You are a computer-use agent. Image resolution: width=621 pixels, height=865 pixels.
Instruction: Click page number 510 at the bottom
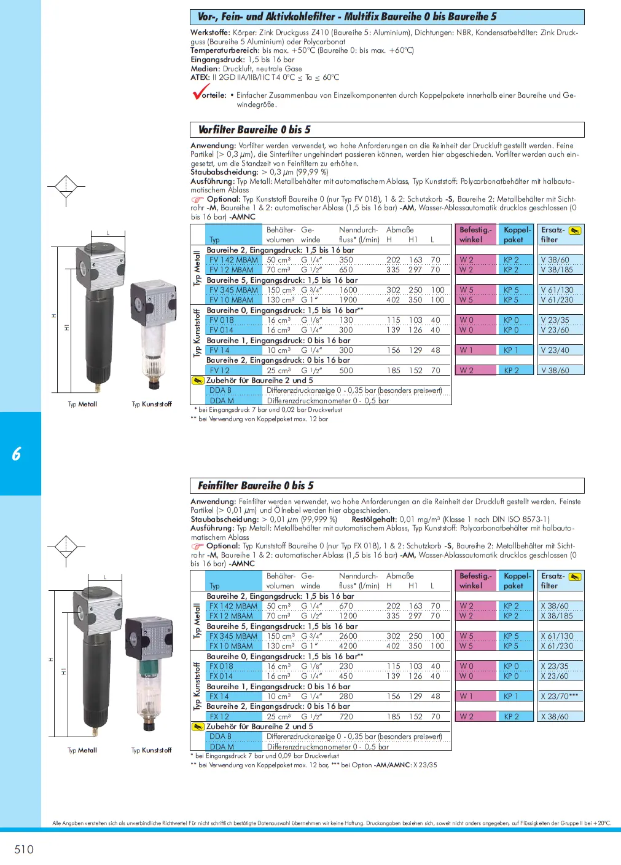[x=24, y=849]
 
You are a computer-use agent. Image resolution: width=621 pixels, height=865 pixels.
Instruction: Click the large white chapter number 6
[x=17, y=454]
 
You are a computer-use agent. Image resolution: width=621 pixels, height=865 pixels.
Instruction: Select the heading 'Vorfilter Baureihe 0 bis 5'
[x=254, y=130]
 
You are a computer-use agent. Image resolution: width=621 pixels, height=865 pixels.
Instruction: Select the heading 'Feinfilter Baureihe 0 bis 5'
[x=256, y=486]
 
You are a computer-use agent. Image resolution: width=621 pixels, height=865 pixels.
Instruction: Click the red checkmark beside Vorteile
[x=200, y=93]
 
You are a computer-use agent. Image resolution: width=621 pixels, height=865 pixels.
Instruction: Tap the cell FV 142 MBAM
[x=233, y=260]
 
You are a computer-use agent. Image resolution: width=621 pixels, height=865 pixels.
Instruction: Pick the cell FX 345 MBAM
[x=233, y=636]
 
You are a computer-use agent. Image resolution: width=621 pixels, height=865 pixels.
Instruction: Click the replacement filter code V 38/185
[x=557, y=270]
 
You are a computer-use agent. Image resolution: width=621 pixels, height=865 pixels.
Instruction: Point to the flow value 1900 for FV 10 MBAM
[x=348, y=300]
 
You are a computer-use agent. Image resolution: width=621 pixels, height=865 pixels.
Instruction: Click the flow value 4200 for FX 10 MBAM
[x=348, y=646]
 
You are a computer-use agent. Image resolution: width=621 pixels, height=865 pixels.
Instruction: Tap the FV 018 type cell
[x=222, y=320]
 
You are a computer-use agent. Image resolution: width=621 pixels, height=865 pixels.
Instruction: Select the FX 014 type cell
[x=221, y=676]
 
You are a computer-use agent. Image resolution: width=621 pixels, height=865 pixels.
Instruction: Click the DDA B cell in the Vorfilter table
[x=221, y=390]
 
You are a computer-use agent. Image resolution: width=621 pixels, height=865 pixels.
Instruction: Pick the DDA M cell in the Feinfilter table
[x=222, y=747]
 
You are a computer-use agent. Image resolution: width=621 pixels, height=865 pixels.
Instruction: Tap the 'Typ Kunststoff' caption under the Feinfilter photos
[x=151, y=751]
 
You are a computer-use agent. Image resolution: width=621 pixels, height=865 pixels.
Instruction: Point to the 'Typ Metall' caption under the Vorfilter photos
[x=82, y=405]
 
